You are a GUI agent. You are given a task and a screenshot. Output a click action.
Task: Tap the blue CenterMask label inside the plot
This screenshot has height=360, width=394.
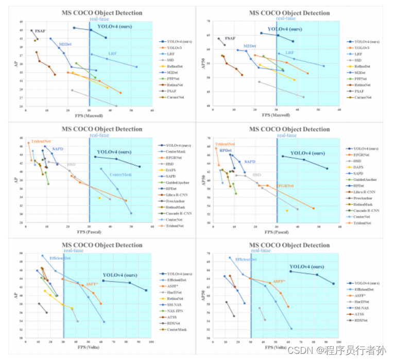click(x=121, y=175)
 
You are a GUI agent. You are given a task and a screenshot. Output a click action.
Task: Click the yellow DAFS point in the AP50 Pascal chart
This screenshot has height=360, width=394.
click(x=287, y=210)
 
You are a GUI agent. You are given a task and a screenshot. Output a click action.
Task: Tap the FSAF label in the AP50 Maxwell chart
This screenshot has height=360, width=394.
click(x=230, y=38)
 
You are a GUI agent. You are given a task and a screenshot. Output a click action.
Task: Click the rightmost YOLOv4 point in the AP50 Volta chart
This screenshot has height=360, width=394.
click(x=333, y=283)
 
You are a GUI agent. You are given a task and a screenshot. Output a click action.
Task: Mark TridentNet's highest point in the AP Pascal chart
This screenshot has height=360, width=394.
click(x=28, y=143)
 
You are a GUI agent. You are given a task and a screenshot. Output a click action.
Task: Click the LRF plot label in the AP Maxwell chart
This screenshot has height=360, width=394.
click(x=112, y=53)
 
